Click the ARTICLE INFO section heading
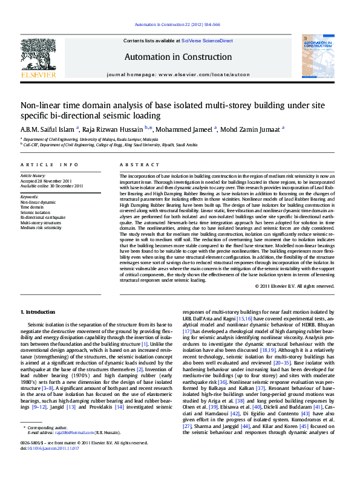(49, 164)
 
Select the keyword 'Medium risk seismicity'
(41, 227)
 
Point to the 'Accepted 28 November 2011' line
(46, 181)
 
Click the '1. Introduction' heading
(38, 311)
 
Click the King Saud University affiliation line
(110, 145)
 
